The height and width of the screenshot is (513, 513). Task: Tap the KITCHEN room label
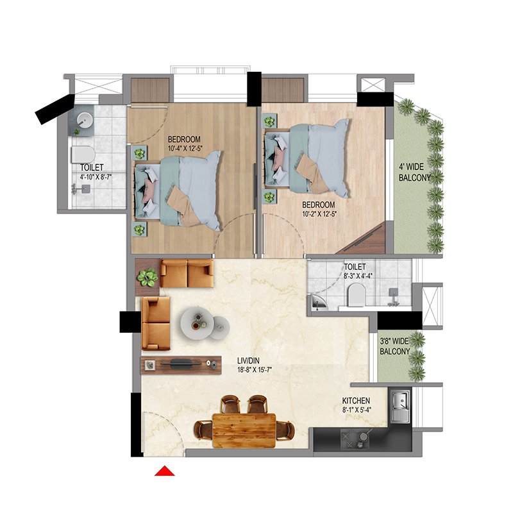(356, 400)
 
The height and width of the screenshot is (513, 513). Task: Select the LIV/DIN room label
(248, 360)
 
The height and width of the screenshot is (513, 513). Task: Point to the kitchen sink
(400, 405)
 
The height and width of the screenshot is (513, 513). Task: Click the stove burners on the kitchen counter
(355, 439)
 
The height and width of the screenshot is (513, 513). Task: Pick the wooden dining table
(244, 430)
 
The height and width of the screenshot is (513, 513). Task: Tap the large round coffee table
(198, 323)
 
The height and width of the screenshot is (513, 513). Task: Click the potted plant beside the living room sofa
(147, 277)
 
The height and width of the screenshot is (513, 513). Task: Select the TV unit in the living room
(181, 365)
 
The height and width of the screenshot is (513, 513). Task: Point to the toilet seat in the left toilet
(83, 155)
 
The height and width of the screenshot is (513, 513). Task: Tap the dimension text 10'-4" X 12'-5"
(185, 148)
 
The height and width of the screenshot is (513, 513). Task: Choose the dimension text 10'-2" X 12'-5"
(319, 214)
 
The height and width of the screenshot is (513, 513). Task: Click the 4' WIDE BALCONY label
(414, 172)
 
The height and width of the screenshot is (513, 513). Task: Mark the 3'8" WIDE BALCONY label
(394, 346)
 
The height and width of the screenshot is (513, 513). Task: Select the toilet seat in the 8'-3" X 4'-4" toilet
(357, 294)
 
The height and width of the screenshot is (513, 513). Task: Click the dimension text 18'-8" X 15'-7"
(255, 370)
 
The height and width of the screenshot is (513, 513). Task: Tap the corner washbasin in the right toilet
(318, 302)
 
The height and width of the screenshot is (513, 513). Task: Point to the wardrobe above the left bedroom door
(150, 90)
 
